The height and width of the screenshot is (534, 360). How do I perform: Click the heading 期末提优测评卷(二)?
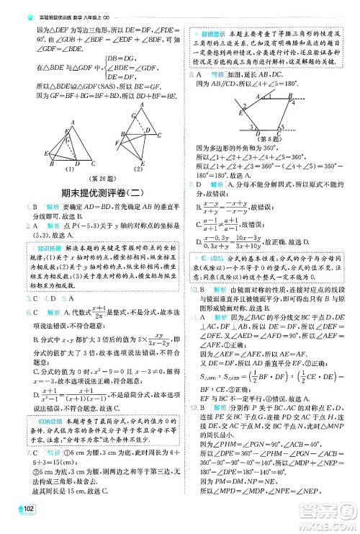click(94, 192)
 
